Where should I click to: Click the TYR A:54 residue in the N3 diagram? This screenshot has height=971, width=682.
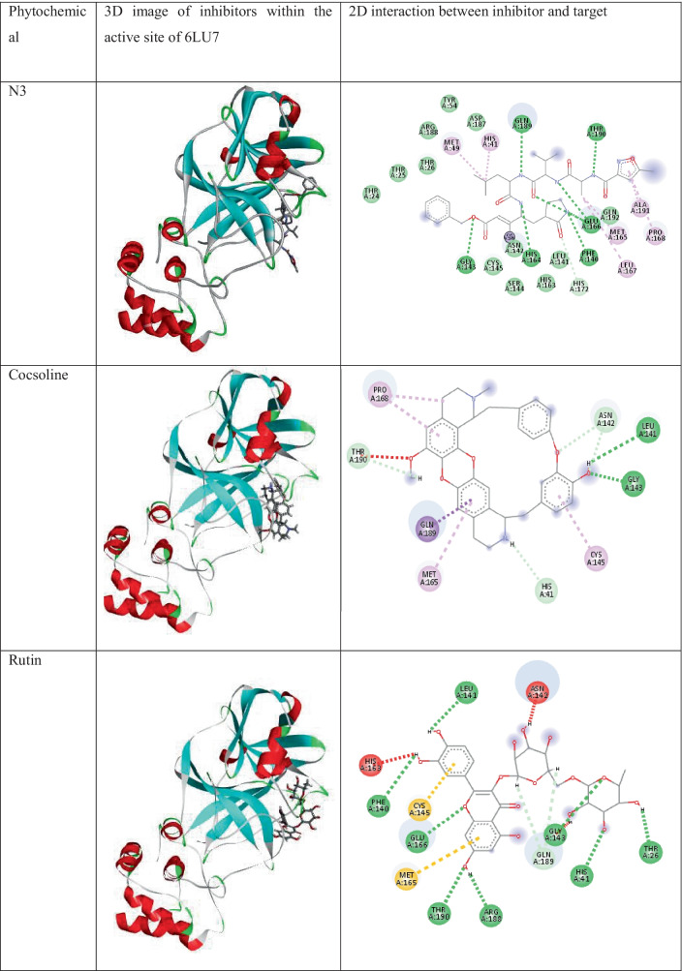[x=449, y=105]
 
